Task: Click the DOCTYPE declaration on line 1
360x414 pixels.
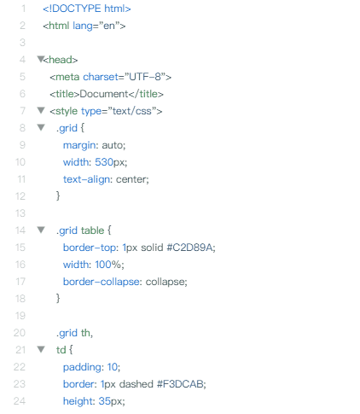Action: (87, 9)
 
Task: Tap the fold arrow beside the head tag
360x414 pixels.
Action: (41, 59)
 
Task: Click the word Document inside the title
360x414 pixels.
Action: (104, 94)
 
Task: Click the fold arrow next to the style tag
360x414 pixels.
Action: (41, 110)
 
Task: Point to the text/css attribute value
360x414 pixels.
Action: (132, 111)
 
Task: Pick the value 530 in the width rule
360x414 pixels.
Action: (104, 162)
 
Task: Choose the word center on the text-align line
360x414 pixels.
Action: (131, 179)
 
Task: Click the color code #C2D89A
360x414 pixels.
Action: (189, 248)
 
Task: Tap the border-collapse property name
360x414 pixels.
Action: (102, 282)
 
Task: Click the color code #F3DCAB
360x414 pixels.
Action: (180, 384)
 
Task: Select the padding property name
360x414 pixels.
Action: (82, 367)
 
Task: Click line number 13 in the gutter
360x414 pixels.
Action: (20, 213)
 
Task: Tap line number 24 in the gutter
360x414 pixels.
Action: (20, 401)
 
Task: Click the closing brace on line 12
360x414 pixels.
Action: (58, 196)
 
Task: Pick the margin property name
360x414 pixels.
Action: (79, 145)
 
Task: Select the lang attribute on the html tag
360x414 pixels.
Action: (83, 26)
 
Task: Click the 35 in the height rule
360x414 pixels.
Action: (104, 401)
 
